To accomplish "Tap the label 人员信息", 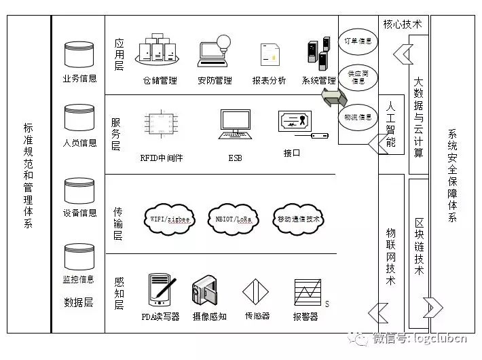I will tap(79, 143).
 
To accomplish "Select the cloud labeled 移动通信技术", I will tap(299, 219).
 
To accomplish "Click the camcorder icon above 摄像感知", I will tap(207, 291).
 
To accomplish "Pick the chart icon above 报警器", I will tap(306, 292).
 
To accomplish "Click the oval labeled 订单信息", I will tap(358, 41).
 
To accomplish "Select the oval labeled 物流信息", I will tap(358, 117).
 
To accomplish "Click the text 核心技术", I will tap(403, 24).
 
